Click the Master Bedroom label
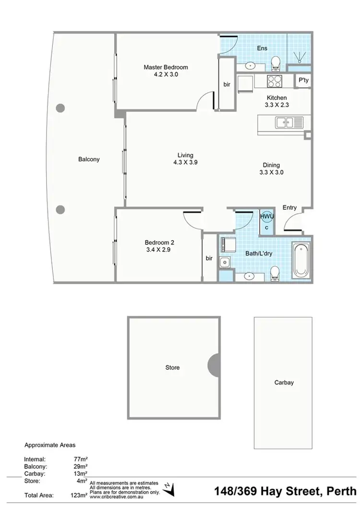166,67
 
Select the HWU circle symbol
267,217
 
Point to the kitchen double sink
289,122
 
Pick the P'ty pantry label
303,81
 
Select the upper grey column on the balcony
60,108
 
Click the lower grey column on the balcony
60,209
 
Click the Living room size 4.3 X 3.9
186,162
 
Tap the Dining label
271,165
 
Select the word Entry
289,208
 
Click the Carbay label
284,383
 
